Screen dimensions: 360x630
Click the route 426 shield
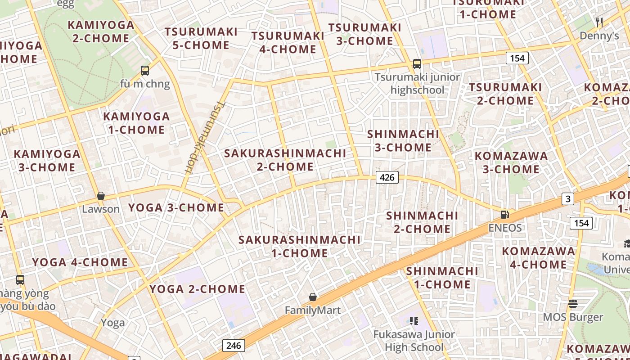(387, 177)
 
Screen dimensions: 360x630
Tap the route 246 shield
(234, 346)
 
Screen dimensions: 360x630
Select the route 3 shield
(568, 198)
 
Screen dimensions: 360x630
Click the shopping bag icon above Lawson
(101, 196)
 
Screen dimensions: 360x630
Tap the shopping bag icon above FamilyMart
(313, 297)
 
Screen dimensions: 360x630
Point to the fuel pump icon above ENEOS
(505, 215)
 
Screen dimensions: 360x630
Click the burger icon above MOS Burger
(572, 303)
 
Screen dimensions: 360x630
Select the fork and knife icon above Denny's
(599, 22)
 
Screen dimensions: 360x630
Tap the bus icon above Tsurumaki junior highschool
(417, 64)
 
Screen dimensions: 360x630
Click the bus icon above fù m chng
(144, 70)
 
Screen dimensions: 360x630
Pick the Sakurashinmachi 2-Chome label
(285, 160)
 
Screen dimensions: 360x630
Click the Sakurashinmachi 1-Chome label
(299, 246)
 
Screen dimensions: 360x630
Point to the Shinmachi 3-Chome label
(403, 140)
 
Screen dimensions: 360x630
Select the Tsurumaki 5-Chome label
(201, 38)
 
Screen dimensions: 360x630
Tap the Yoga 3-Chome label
(176, 207)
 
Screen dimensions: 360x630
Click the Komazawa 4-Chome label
(538, 257)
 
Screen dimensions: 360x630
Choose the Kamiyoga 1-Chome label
(136, 123)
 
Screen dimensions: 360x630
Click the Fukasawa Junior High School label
(414, 341)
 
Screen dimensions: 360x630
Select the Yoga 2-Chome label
(198, 289)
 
